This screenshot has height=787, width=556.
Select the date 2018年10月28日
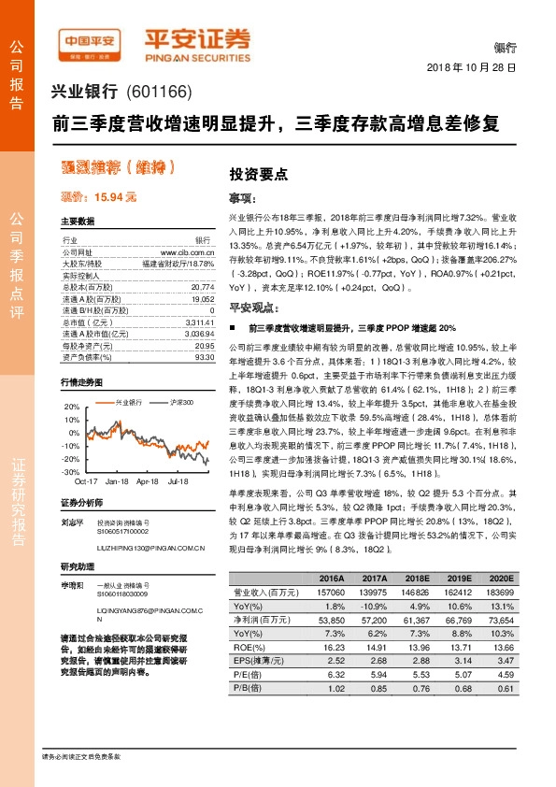click(x=471, y=68)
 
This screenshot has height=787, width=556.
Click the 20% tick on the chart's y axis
click(x=71, y=407)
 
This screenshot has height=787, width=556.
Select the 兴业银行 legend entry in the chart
click(x=128, y=402)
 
